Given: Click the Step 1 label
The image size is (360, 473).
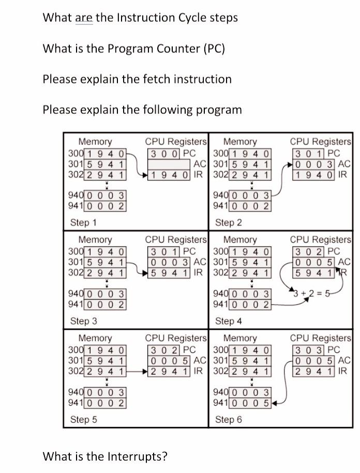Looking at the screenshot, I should pos(83,223).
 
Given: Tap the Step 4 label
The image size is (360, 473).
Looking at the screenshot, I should pos(228,321).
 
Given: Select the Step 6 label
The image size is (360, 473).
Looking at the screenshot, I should pos(228,419).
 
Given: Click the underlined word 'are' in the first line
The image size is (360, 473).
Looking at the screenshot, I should pos(84,18).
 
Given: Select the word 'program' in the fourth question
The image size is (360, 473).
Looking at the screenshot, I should pos(219,110).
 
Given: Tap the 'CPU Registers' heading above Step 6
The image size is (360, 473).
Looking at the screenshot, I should pos(320,338).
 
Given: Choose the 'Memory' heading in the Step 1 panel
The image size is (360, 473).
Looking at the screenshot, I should pos(95,141).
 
